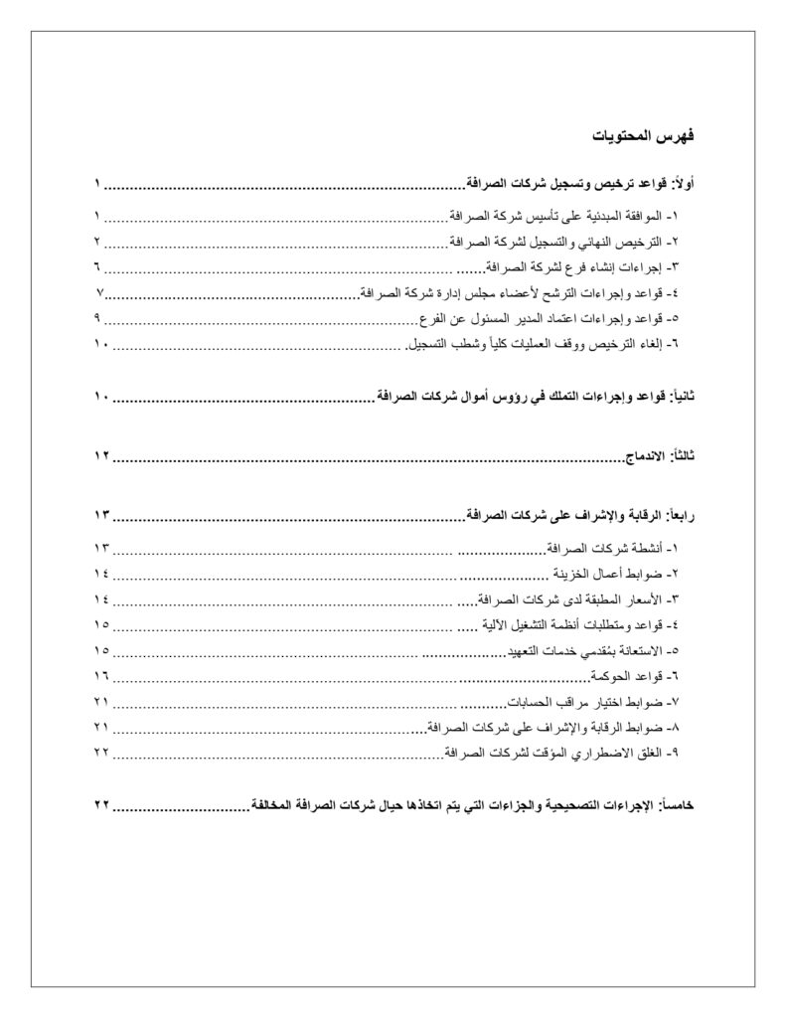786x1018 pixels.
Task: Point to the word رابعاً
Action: [680, 516]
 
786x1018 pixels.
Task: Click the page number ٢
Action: [98, 242]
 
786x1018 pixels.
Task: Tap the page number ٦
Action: [98, 267]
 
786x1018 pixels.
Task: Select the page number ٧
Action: [100, 293]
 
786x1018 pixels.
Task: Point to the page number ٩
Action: [98, 319]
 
